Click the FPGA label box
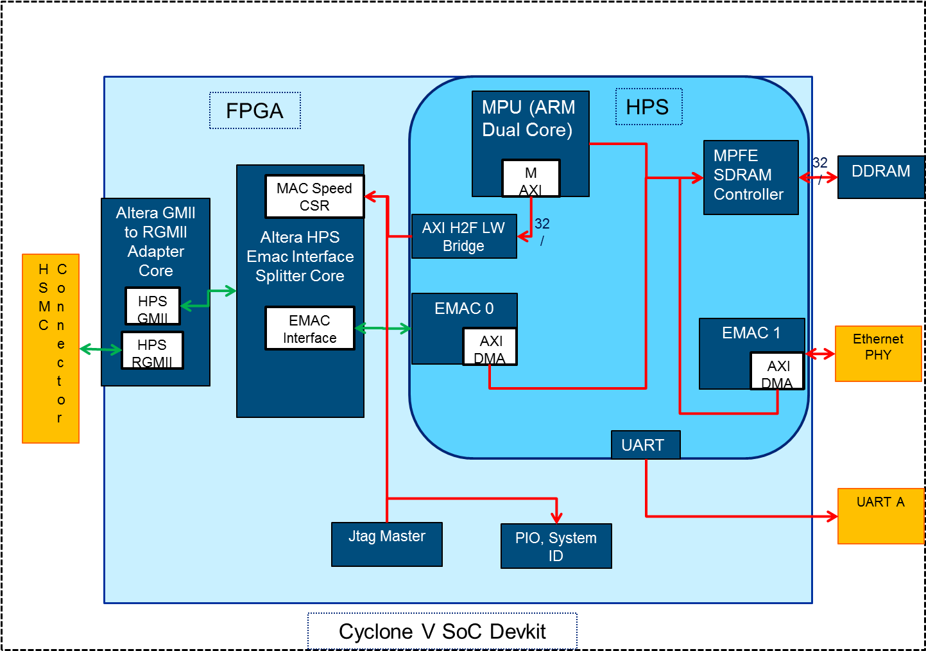pos(255,110)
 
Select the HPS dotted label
pos(648,107)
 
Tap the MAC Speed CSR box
pos(314,196)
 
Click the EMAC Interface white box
pos(310,328)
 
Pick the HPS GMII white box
pos(153,306)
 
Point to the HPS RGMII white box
pos(153,351)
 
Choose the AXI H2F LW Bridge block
pos(463,236)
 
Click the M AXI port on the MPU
pos(531,178)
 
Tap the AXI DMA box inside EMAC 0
pos(490,347)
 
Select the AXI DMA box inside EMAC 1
pos(777,371)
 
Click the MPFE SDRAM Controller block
pos(750,177)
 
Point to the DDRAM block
pos(880,177)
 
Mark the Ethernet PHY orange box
pos(878,353)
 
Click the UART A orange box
pos(880,516)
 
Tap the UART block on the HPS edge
pos(645,445)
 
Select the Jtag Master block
pos(386,544)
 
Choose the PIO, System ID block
pos(556,546)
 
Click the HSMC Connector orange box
pos(51,348)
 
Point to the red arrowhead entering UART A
pos(832,516)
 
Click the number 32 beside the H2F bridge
pos(542,223)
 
